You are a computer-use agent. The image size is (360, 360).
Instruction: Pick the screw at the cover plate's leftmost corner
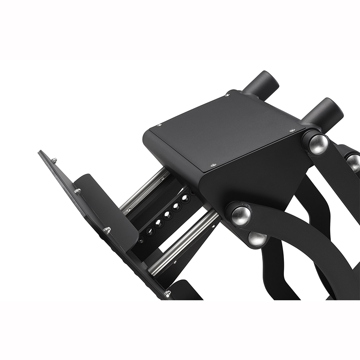(x=159, y=126)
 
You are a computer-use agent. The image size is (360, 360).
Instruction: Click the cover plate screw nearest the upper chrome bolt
(x=292, y=130)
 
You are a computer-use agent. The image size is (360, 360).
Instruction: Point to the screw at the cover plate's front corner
(x=213, y=165)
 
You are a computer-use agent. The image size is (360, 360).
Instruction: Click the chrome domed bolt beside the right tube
(x=318, y=144)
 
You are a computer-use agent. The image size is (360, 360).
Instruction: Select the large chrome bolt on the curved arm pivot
(x=241, y=216)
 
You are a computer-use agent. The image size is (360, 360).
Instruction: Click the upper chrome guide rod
(x=145, y=191)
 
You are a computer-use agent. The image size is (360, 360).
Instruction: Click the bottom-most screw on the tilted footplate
(x=167, y=294)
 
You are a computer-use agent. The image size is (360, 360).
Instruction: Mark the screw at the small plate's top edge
(x=77, y=190)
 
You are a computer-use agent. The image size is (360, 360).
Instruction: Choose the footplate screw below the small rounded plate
(x=107, y=230)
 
